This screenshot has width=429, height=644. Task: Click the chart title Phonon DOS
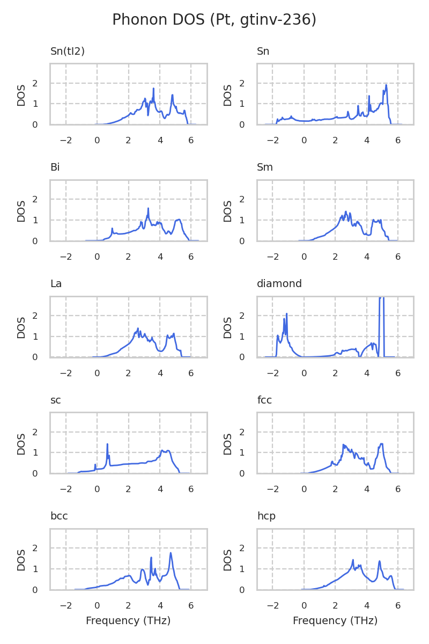click(x=214, y=20)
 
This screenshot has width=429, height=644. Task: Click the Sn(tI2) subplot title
click(x=68, y=52)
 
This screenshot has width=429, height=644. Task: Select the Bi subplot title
click(x=55, y=167)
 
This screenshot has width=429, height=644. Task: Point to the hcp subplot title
click(x=266, y=516)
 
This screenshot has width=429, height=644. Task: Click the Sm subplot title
click(x=265, y=167)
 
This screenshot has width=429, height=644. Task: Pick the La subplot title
click(x=56, y=284)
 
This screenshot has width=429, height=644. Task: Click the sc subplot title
click(x=55, y=400)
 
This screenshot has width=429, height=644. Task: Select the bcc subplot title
click(x=58, y=516)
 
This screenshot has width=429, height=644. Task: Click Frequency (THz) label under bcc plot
click(x=128, y=621)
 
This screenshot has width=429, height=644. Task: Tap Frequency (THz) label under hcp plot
click(x=335, y=621)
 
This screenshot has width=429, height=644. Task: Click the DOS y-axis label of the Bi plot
click(x=21, y=210)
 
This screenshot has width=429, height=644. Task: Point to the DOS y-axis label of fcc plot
click(x=228, y=443)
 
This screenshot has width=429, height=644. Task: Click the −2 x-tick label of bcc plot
click(x=65, y=605)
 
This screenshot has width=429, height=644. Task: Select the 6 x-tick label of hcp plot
click(x=398, y=605)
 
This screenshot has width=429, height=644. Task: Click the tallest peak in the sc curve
click(x=107, y=444)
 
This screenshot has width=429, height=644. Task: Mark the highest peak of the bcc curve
click(x=171, y=553)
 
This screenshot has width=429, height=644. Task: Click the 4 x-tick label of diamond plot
click(x=367, y=372)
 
